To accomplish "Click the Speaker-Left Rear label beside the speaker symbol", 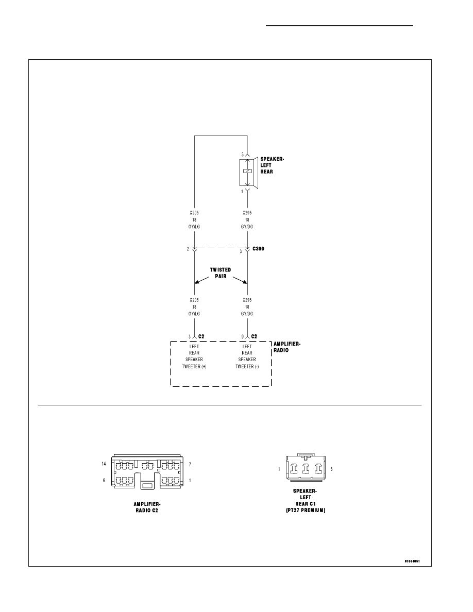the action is pyautogui.click(x=272, y=165).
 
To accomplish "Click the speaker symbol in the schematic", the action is pyautogui.click(x=248, y=173).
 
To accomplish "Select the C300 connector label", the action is pyautogui.click(x=258, y=249).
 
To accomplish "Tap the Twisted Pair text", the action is pyautogui.click(x=221, y=273).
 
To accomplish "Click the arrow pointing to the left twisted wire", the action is pyautogui.click(x=202, y=280).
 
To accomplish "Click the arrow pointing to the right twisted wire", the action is pyautogui.click(x=240, y=280).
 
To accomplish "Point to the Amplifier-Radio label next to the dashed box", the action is pyautogui.click(x=287, y=347).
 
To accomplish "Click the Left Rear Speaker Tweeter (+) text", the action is pyautogui.click(x=194, y=356).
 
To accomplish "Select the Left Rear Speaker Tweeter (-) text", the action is pyautogui.click(x=247, y=356).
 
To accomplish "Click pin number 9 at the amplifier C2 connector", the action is pyautogui.click(x=242, y=337).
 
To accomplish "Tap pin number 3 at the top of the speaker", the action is pyautogui.click(x=242, y=155).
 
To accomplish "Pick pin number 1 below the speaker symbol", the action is pyautogui.click(x=242, y=192).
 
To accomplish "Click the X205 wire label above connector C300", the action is pyautogui.click(x=194, y=213).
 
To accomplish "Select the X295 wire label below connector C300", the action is pyautogui.click(x=247, y=300).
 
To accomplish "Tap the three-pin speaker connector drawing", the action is pyautogui.click(x=306, y=468).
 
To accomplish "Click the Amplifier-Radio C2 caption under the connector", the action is pyautogui.click(x=147, y=507).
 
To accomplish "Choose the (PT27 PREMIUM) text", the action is pyautogui.click(x=306, y=511).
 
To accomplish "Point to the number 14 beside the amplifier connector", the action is pyautogui.click(x=104, y=464).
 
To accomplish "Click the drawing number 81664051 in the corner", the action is pyautogui.click(x=412, y=562).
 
